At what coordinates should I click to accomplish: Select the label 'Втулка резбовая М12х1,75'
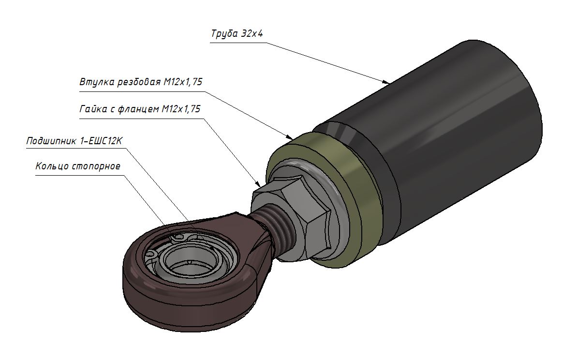pyautogui.click(x=141, y=82)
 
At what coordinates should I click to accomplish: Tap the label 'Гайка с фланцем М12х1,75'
pyautogui.click(x=140, y=109)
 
